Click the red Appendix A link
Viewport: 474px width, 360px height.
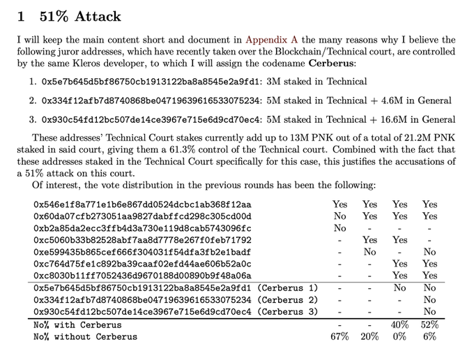tap(271, 40)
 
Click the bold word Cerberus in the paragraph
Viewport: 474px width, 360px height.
tap(330, 63)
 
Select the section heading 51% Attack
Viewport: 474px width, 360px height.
tap(80, 16)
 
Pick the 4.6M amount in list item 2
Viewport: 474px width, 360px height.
tap(392, 100)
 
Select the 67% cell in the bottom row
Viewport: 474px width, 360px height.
tap(339, 337)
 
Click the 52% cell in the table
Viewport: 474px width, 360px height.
tap(429, 325)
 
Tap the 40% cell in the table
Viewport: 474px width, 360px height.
tap(399, 325)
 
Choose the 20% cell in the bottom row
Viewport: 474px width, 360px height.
tap(369, 337)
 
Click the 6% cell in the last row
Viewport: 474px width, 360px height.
tap(429, 337)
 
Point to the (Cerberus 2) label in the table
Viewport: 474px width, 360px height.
tap(287, 300)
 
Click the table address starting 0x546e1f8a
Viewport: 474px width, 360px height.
tap(142, 205)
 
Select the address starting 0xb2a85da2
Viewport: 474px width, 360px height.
tap(142, 228)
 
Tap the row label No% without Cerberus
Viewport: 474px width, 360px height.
tap(85, 337)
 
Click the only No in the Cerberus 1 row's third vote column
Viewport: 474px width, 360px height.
tap(399, 287)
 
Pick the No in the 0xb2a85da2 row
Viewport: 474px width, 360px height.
tap(339, 228)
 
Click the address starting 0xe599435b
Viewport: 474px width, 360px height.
tap(142, 253)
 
